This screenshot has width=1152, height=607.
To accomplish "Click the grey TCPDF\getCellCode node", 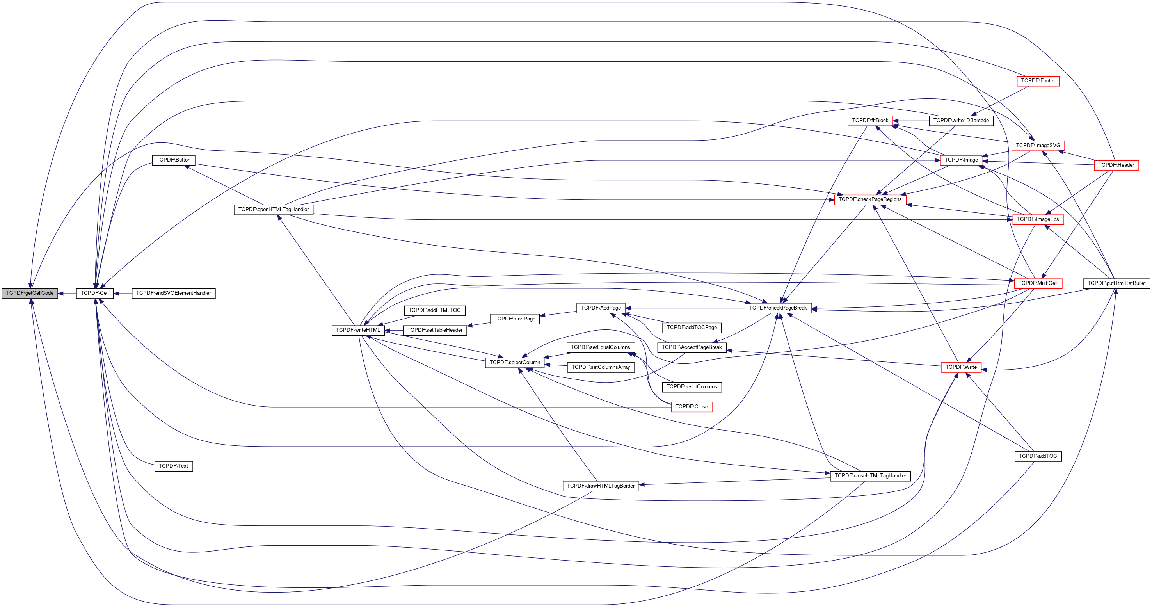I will (30, 294).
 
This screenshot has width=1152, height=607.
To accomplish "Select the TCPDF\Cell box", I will (94, 294).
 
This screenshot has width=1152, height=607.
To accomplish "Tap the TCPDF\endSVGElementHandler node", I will (174, 294).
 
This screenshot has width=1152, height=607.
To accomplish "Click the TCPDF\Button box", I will (174, 160).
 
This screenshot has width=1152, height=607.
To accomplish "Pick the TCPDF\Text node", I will (174, 466).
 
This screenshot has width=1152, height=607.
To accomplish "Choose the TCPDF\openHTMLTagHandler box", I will (273, 210).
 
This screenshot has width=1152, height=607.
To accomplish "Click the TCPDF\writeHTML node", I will (358, 331).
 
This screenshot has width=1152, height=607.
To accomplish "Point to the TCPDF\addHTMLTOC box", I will (434, 310).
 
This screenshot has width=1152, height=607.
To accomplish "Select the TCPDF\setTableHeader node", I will (435, 331).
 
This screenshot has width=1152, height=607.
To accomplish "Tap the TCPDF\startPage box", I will (515, 319).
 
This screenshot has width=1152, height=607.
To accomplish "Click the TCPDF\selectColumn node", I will (515, 363).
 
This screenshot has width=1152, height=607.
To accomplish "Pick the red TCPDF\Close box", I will (692, 407).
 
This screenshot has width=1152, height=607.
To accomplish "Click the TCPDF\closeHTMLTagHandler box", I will (870, 476).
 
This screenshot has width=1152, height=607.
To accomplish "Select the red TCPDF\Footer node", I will (1038, 81).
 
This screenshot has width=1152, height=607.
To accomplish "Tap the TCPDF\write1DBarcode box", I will (961, 121).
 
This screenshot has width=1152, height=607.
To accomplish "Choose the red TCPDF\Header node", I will (1116, 165).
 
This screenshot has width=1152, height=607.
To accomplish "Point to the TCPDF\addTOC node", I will (1038, 456).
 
